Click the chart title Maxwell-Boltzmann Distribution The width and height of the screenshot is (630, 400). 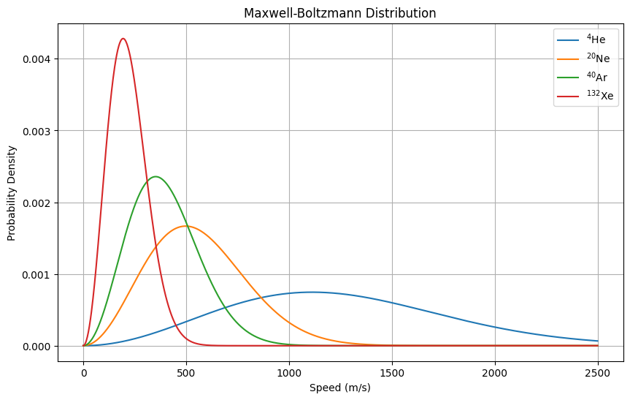339,13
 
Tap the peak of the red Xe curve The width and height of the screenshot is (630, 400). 123,39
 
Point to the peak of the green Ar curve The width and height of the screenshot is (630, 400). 155,176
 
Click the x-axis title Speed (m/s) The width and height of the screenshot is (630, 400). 339,388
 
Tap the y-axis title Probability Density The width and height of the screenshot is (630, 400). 12,193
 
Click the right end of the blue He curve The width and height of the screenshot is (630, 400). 598,341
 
